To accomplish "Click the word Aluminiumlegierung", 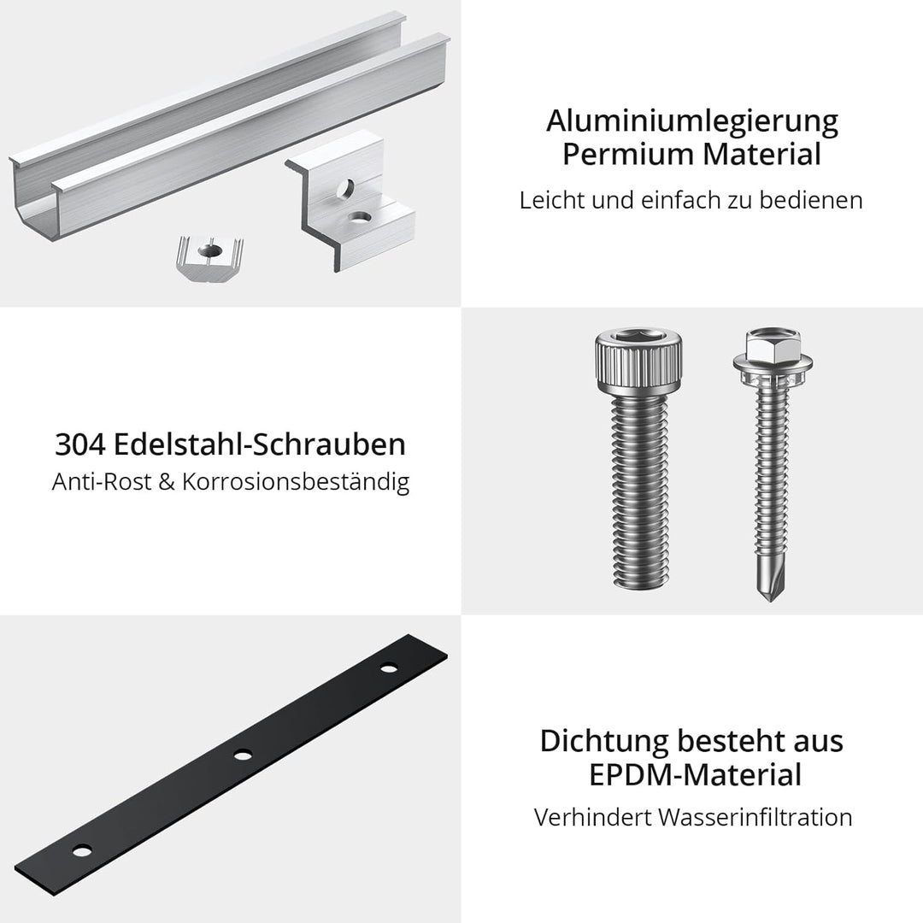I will click(692, 121).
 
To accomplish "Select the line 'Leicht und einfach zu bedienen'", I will click(691, 201).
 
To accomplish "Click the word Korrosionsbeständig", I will click(316, 482).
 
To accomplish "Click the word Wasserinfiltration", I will click(755, 817).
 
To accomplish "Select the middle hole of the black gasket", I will click(244, 754).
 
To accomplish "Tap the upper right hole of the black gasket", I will click(390, 667).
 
